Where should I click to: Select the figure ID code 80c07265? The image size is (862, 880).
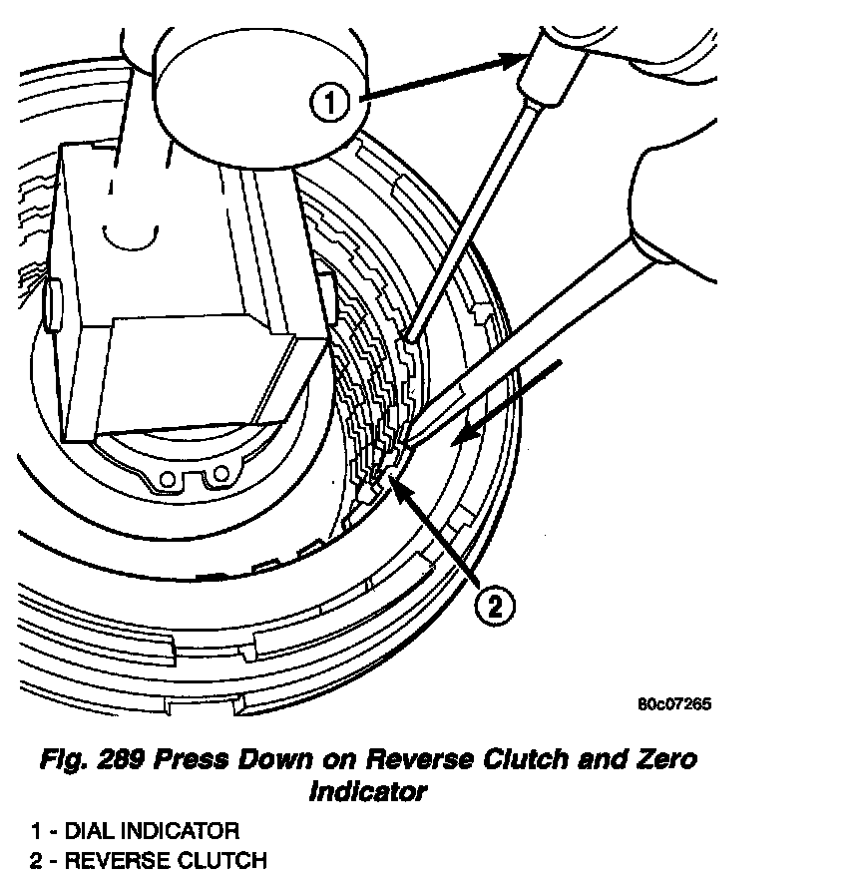[x=674, y=703]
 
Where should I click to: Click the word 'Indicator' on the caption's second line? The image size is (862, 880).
[x=367, y=793]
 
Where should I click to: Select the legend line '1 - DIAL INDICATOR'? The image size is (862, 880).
[x=134, y=830]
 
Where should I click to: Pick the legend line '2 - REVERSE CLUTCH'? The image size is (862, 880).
[x=148, y=860]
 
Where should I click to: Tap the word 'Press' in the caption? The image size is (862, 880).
[x=201, y=759]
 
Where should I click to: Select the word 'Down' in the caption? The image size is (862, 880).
[x=281, y=759]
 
